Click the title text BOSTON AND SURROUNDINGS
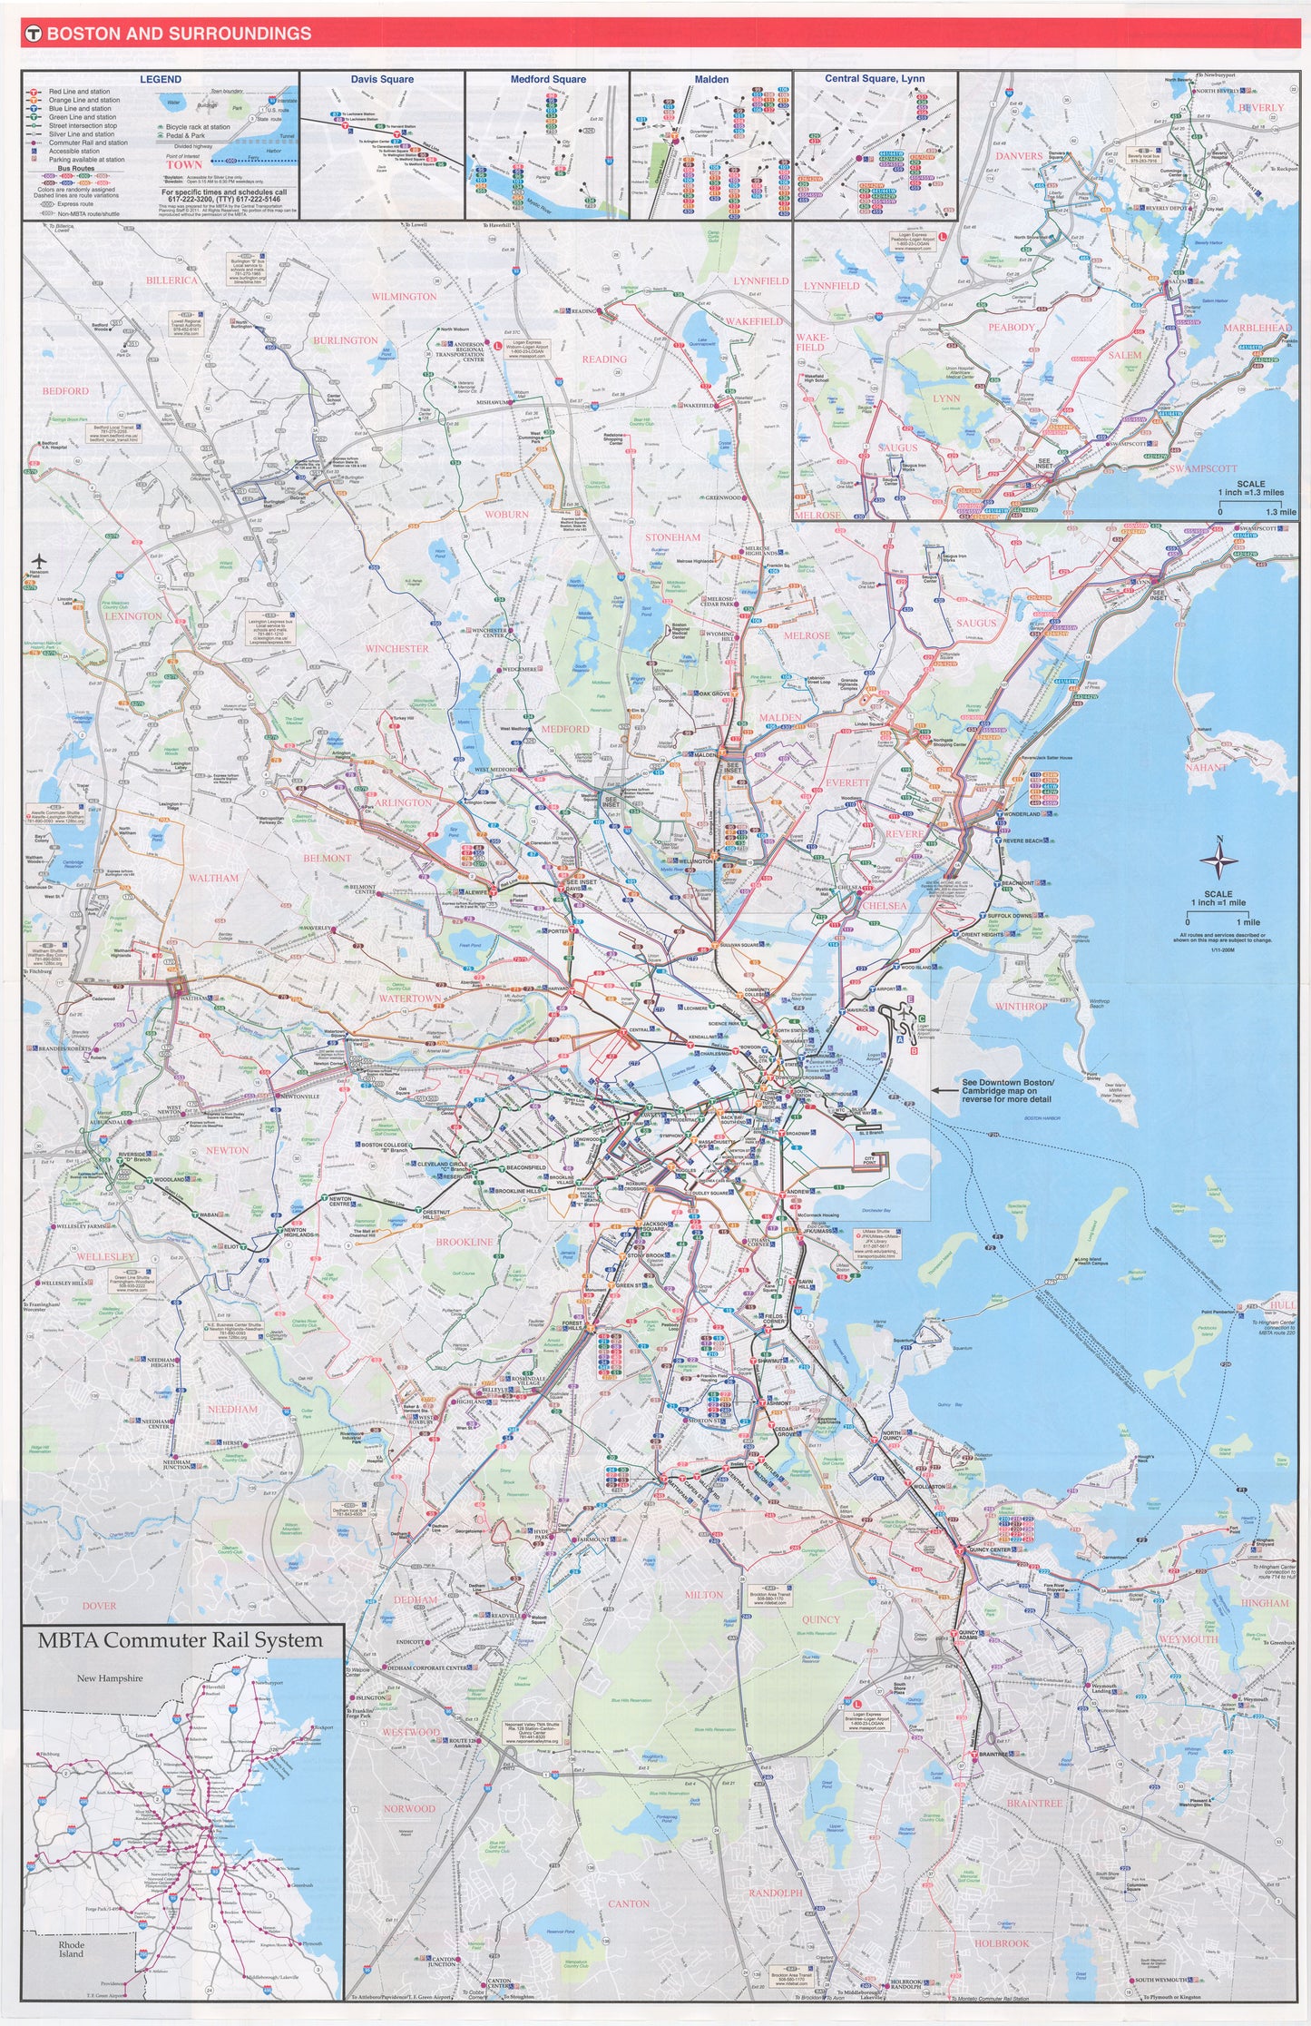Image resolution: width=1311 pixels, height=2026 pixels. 179,34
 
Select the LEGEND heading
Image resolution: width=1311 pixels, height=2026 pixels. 161,80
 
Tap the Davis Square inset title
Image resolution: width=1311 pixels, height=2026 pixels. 382,80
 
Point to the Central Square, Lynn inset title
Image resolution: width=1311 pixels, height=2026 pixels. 875,79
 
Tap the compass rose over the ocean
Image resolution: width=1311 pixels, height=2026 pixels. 1219,860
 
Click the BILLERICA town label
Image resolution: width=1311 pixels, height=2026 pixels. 171,280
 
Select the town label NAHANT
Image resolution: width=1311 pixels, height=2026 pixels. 1206,768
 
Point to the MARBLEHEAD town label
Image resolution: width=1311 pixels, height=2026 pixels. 1257,328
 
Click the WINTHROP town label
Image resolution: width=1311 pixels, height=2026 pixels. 1021,1007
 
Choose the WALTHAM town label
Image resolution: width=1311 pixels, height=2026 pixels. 214,878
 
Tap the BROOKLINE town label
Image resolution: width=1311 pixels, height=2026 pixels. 464,1242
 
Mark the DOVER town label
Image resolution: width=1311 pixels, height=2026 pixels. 99,1606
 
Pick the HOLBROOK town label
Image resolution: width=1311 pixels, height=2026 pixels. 1002,1943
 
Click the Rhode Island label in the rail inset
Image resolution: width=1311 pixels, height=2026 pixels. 72,1949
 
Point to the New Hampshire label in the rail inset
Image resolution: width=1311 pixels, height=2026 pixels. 110,1678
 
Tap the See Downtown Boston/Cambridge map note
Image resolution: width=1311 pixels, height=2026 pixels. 1007,1090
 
